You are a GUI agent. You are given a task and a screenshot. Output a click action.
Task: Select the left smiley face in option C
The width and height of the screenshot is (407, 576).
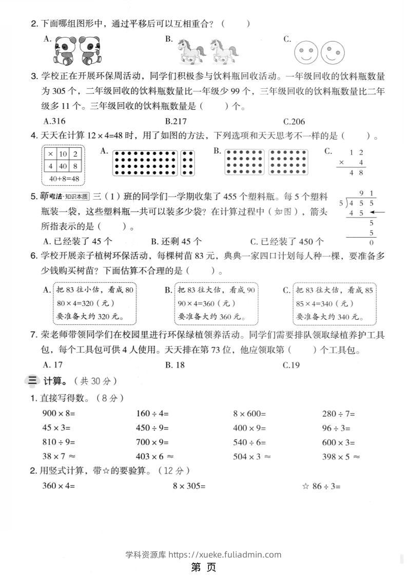click(306, 52)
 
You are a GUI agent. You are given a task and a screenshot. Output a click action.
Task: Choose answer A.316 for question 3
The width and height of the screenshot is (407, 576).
click(55, 122)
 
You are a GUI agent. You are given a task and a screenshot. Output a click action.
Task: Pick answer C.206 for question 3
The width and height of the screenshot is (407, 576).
click(294, 122)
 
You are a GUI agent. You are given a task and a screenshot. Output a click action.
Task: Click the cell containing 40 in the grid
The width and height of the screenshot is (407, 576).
click(62, 166)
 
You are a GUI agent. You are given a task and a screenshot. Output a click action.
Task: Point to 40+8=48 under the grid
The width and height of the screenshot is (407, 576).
click(64, 179)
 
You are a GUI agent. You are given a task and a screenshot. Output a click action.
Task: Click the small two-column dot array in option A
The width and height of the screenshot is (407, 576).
click(188, 163)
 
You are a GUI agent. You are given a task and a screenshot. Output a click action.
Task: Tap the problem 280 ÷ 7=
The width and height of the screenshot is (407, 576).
click(338, 413)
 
